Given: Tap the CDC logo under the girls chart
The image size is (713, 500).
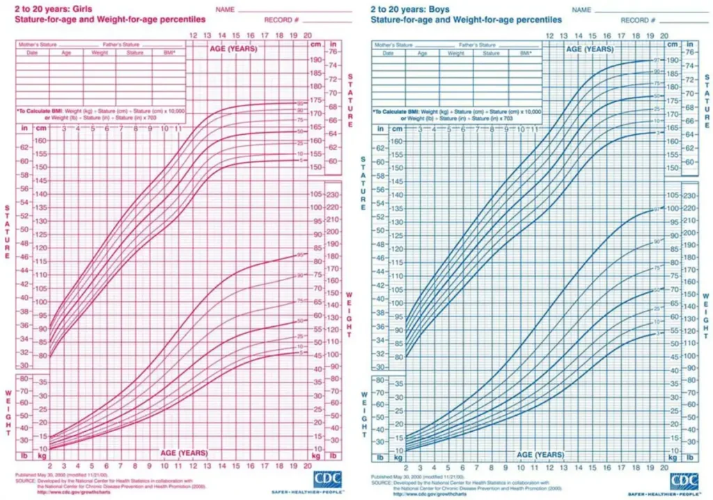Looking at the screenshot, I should pyautogui.click(x=329, y=480).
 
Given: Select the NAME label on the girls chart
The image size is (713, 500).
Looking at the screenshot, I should pyautogui.click(x=224, y=10).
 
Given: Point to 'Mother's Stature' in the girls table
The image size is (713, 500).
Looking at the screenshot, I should pyautogui.click(x=39, y=45).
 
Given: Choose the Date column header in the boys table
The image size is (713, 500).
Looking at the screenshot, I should pyautogui.click(x=388, y=53).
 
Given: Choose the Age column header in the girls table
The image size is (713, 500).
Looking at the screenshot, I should pyautogui.click(x=66, y=53).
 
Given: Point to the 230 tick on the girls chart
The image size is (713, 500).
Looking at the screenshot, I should pyautogui.click(x=333, y=195).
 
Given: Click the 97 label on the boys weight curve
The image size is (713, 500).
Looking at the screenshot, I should pyautogui.click(x=655, y=209).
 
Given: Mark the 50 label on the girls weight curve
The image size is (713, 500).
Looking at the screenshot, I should pyautogui.click(x=300, y=321).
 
